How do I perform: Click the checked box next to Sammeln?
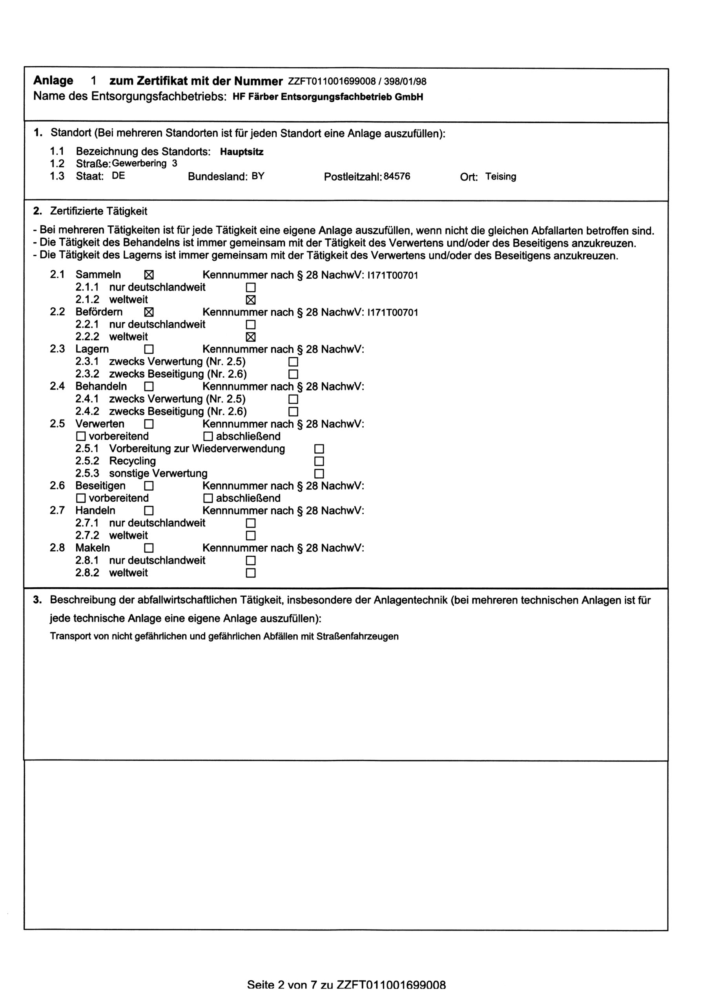(149, 275)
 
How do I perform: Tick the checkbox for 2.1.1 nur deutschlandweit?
(250, 288)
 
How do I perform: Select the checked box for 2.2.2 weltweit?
(250, 337)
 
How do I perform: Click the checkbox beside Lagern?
(149, 349)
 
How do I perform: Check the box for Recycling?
(319, 461)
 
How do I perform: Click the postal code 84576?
(397, 177)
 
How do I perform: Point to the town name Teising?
(500, 177)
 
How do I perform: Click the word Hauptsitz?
(242, 152)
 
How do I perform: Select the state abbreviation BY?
(258, 177)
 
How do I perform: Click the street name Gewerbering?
(139, 164)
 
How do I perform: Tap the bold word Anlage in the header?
(53, 80)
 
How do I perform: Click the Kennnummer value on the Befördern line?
(393, 312)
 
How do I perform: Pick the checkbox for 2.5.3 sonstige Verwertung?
(319, 473)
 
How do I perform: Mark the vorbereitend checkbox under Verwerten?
(81, 437)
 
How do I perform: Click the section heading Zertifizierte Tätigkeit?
(98, 211)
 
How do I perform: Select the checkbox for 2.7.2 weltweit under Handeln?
(250, 535)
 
